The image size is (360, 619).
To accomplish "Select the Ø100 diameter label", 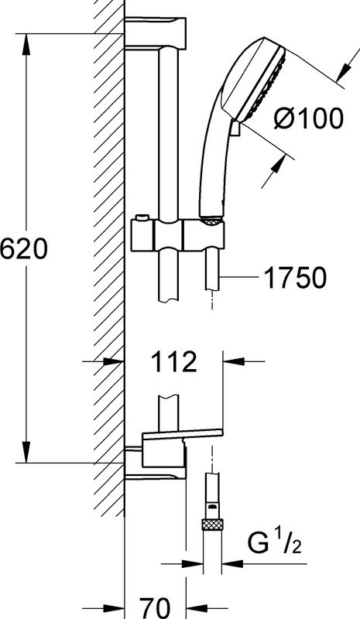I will (x=309, y=120).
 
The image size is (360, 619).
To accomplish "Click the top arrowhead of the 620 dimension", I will (x=28, y=43).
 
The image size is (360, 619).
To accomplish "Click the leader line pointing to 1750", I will (x=239, y=275).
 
